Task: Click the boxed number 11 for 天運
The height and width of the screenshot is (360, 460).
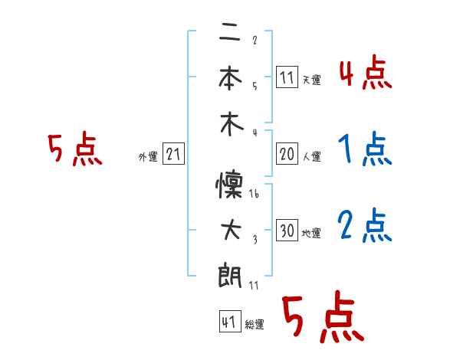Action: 287,78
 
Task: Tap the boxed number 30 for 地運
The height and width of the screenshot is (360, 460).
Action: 287,231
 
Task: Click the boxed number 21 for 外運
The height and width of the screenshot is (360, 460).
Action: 173,155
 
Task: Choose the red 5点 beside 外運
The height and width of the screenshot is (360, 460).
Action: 74,150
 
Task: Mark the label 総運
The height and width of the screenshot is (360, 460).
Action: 255,325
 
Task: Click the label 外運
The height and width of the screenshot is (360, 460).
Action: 148,157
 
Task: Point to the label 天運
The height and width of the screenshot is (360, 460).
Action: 311,80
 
